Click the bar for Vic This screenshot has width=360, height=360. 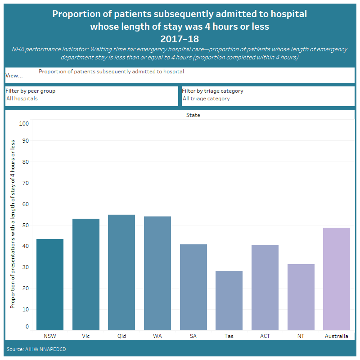(86, 275)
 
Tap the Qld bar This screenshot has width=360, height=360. (121, 273)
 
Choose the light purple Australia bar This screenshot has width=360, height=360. (337, 279)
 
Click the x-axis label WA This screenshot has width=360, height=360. (157, 336)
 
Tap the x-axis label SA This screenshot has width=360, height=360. (193, 336)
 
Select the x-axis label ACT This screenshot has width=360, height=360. (265, 336)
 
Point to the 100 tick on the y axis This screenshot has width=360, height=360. (24, 123)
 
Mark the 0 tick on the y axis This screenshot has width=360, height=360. (27, 327)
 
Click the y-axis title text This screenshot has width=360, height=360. (13, 224)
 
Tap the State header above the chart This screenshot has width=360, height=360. (193, 115)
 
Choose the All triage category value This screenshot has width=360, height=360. (206, 99)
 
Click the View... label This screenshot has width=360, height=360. (14, 76)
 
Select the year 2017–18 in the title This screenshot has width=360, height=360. (180, 39)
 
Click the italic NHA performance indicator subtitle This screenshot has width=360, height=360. (180, 53)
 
